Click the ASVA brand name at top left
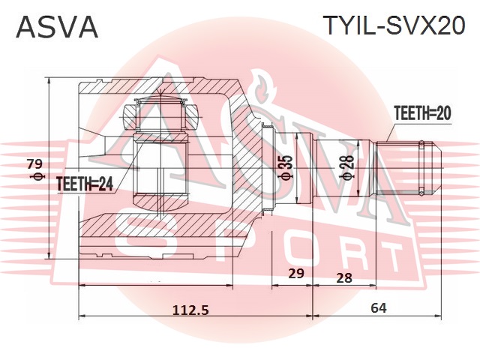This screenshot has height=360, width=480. coord(57,27)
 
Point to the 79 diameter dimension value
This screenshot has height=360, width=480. coord(34,164)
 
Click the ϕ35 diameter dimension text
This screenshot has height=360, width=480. coord(284,170)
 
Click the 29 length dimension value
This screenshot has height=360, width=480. coord(296,274)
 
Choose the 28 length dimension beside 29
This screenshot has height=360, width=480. coord(344,277)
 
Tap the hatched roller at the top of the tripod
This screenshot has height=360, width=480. coord(159,115)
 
